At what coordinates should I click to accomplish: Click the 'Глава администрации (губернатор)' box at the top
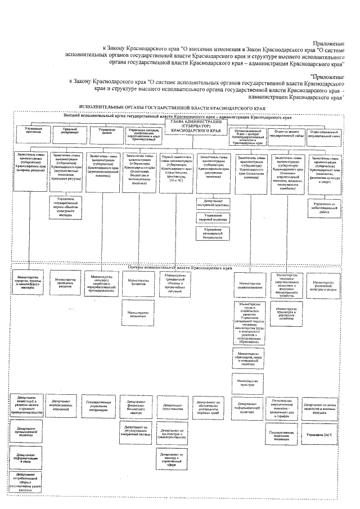pos(194,125)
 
